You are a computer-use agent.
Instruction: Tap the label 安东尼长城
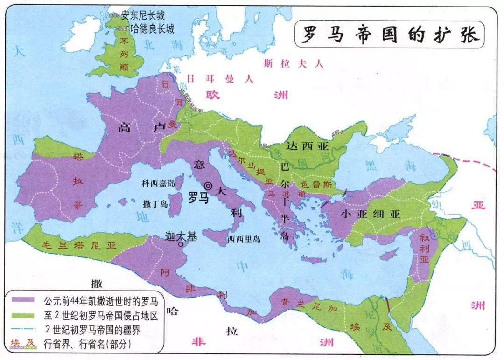click(143, 16)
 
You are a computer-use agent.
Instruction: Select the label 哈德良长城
click(153, 29)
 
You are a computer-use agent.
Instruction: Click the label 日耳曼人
click(220, 78)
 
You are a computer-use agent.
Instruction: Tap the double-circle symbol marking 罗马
click(208, 186)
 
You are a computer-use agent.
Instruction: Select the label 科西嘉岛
click(158, 183)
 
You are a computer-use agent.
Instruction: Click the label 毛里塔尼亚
click(79, 246)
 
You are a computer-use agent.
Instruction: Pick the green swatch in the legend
click(24, 315)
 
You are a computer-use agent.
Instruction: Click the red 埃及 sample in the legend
click(24, 344)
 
